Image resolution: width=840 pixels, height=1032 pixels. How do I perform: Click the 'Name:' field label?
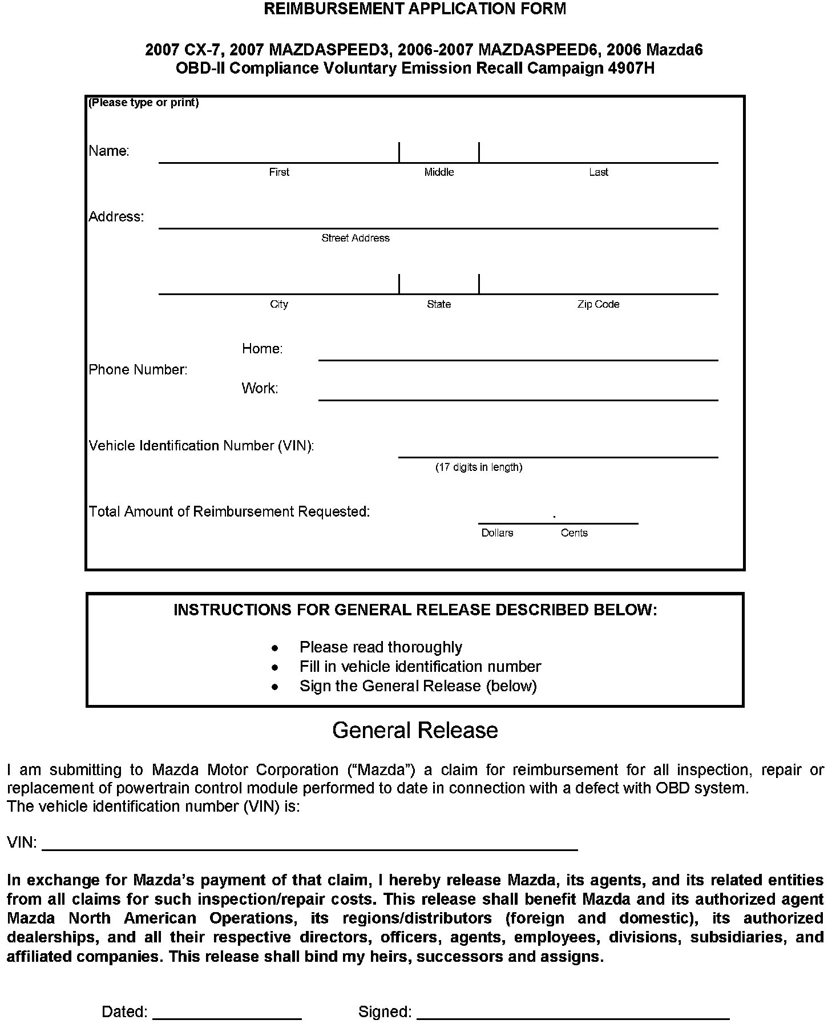point(109,151)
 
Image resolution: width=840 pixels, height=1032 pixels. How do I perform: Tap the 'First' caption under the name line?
point(279,172)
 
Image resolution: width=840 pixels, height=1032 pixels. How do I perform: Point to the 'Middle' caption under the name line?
point(439,172)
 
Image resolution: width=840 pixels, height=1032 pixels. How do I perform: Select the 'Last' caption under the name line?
point(599,172)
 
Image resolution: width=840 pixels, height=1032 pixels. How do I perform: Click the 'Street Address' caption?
point(356,238)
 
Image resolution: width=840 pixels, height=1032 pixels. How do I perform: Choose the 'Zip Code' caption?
point(598,304)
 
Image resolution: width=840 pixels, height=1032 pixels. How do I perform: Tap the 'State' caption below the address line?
point(439,304)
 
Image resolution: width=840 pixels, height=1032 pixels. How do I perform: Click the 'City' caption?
point(279,304)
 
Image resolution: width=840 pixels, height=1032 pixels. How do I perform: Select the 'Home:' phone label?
point(262,349)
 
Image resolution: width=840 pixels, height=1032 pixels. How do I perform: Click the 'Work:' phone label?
point(260,389)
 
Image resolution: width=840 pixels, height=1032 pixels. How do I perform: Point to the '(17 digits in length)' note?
point(479,467)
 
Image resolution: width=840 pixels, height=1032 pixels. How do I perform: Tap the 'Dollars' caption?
point(497,533)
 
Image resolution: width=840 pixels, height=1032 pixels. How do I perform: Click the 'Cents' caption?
point(574,533)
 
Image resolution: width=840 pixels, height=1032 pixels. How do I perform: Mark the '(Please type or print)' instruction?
point(144,103)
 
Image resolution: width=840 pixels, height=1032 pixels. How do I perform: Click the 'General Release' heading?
point(415,731)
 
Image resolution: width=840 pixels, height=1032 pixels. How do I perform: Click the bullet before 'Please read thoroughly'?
point(275,648)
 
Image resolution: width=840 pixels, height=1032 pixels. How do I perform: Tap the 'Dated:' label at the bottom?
point(124,1012)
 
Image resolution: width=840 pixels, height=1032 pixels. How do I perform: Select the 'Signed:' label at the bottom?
point(385,1012)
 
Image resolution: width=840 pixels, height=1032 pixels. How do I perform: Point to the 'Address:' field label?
point(116,217)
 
